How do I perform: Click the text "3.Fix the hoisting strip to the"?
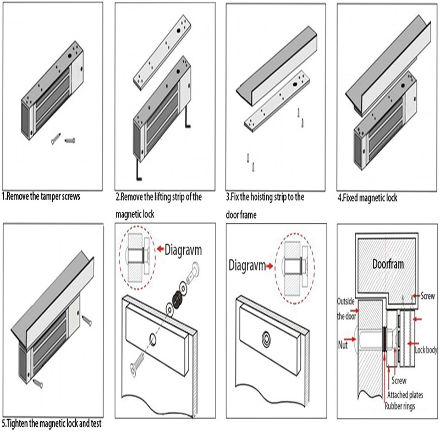pyautogui.click(x=265, y=196)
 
